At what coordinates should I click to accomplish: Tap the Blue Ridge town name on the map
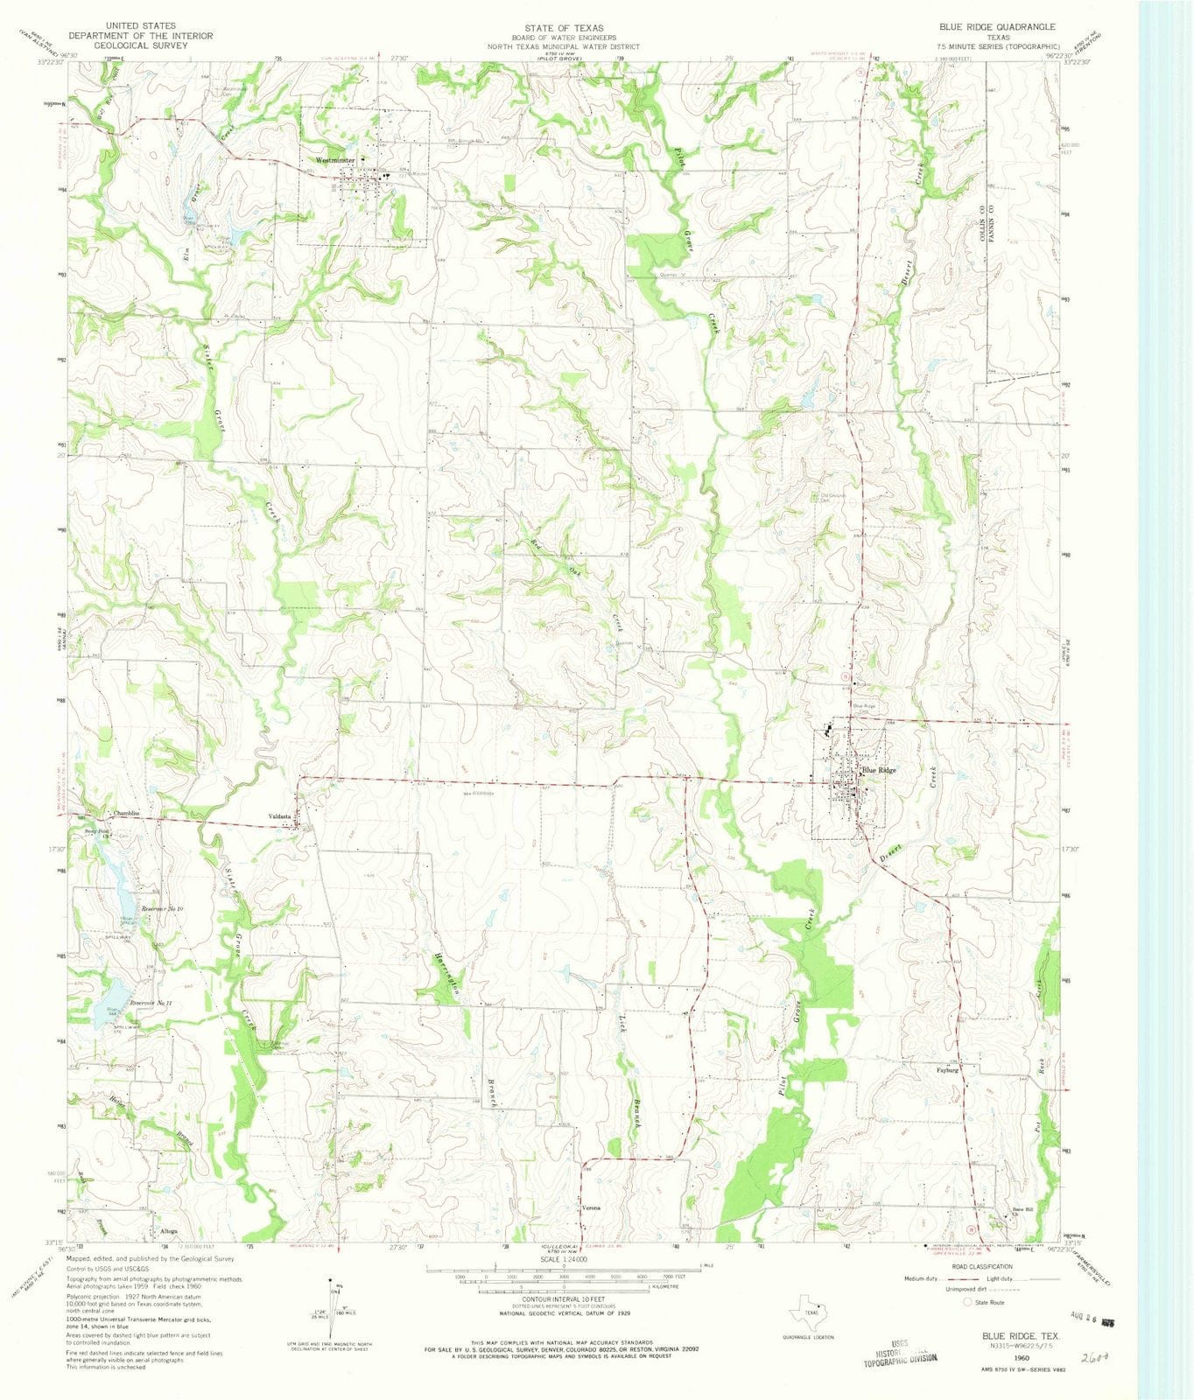point(880,771)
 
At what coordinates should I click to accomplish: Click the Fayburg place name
point(948,1069)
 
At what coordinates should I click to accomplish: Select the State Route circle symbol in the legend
point(967,1302)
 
